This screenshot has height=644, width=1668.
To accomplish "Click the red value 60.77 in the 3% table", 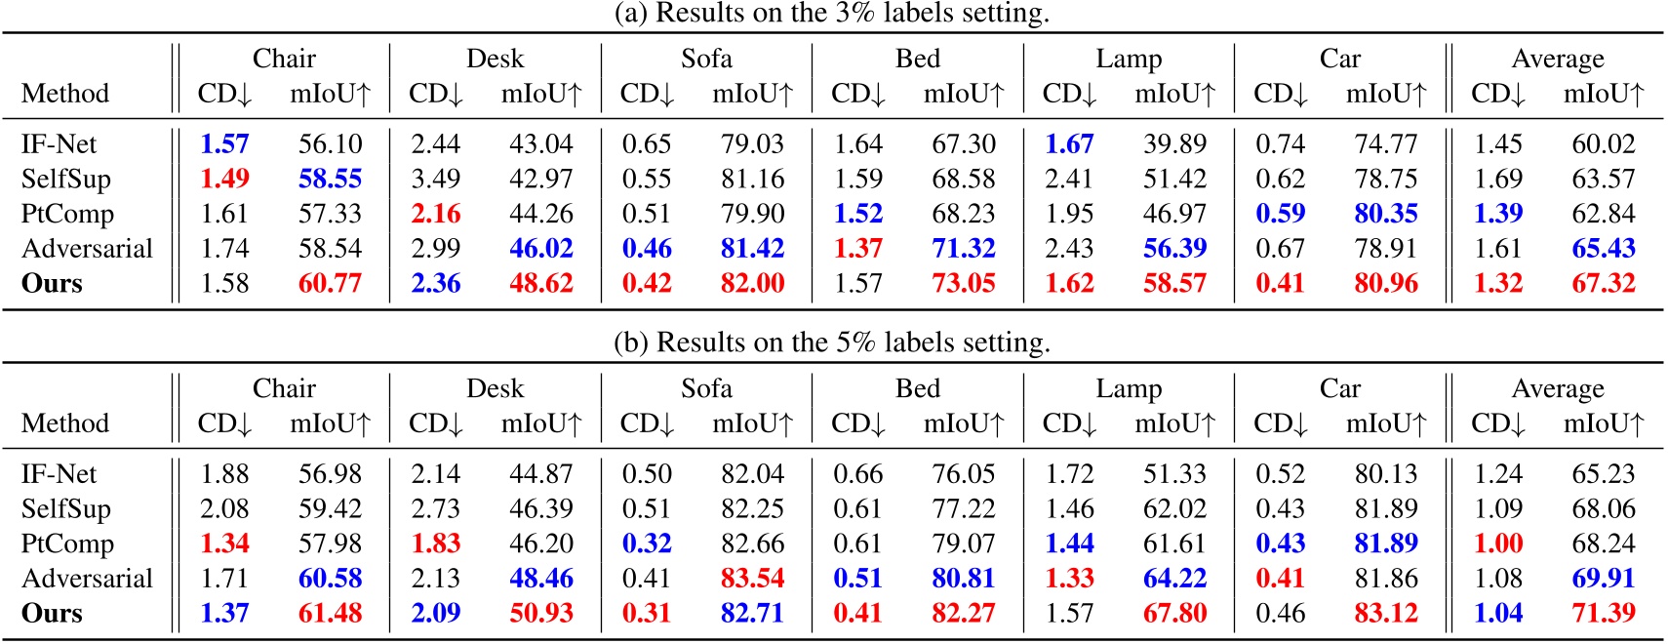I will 330,284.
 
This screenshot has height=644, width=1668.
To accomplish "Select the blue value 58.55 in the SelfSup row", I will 330,179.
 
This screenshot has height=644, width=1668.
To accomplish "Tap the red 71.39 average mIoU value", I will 1603,614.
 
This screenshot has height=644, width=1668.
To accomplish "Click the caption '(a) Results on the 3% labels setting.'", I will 831,14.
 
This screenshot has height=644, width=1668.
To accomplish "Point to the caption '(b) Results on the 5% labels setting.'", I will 831,343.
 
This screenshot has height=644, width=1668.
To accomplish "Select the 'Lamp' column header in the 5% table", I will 1128,388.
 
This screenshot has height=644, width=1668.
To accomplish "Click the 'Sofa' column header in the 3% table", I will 705,59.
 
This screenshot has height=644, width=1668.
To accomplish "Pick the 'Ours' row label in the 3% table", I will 52,284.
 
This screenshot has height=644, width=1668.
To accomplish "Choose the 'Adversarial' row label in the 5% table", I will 87,579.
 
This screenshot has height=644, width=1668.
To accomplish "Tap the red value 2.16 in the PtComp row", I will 435,214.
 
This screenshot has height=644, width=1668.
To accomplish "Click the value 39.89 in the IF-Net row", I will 1174,144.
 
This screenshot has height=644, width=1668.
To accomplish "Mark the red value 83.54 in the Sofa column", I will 752,579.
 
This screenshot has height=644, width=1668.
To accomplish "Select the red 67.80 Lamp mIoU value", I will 1174,614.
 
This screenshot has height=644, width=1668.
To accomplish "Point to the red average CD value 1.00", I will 1497,543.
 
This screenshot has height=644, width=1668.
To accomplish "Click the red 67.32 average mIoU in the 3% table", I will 1603,284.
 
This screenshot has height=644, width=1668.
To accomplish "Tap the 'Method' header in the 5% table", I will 64,423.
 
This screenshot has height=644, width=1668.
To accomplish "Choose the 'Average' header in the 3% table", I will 1557,59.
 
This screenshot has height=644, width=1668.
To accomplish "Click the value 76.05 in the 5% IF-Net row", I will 963,474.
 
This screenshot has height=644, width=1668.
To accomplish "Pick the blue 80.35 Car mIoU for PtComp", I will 1385,214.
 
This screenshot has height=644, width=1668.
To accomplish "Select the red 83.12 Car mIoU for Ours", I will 1385,614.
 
